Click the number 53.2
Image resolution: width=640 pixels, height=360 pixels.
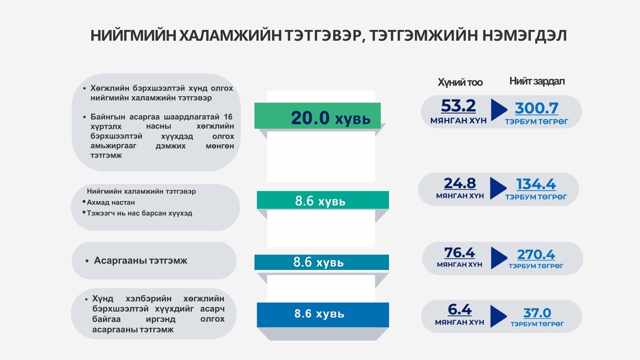[458, 106]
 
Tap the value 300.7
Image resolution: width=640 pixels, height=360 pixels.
[536, 108]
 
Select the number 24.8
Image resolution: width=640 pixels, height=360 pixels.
[460, 183]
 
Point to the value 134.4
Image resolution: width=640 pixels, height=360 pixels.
[536, 184]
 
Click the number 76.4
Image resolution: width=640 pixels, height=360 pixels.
[460, 252]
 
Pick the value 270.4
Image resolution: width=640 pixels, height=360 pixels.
[536, 254]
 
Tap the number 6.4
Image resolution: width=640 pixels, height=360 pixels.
[460, 310]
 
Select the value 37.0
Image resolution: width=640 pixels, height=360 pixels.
[537, 313]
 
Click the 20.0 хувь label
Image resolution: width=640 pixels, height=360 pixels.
[330, 118]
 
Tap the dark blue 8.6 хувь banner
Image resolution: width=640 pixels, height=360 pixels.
[323, 314]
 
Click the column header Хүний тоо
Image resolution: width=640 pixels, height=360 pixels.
[460, 82]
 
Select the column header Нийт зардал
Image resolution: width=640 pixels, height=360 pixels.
[537, 82]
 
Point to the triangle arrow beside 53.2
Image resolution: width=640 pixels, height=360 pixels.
[499, 110]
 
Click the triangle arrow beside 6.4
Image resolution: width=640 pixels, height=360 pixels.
[498, 316]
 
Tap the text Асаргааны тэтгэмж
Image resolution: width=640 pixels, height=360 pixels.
[140, 260]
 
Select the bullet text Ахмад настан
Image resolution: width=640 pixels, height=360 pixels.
[111, 202]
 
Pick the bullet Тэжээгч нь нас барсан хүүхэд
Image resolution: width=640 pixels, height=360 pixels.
[140, 213]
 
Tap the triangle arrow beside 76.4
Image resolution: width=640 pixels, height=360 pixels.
[499, 258]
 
